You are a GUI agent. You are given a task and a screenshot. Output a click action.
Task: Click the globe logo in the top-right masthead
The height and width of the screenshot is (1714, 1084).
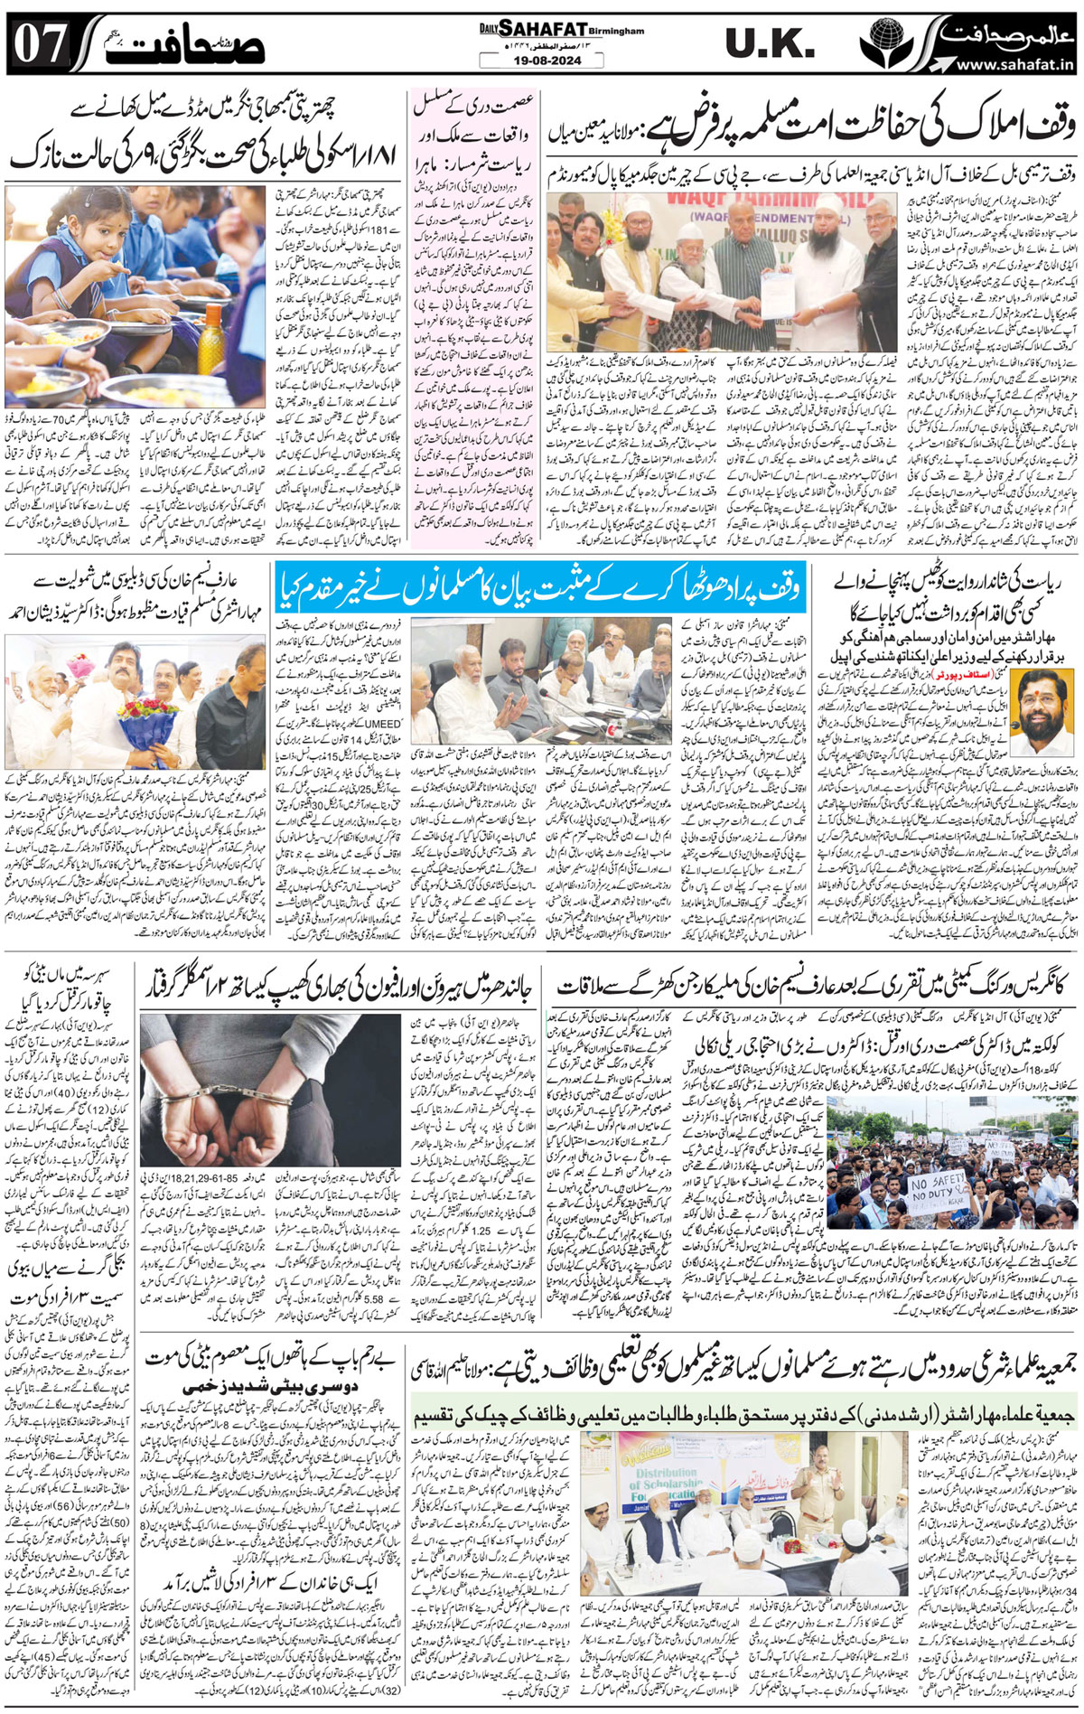point(880,42)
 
